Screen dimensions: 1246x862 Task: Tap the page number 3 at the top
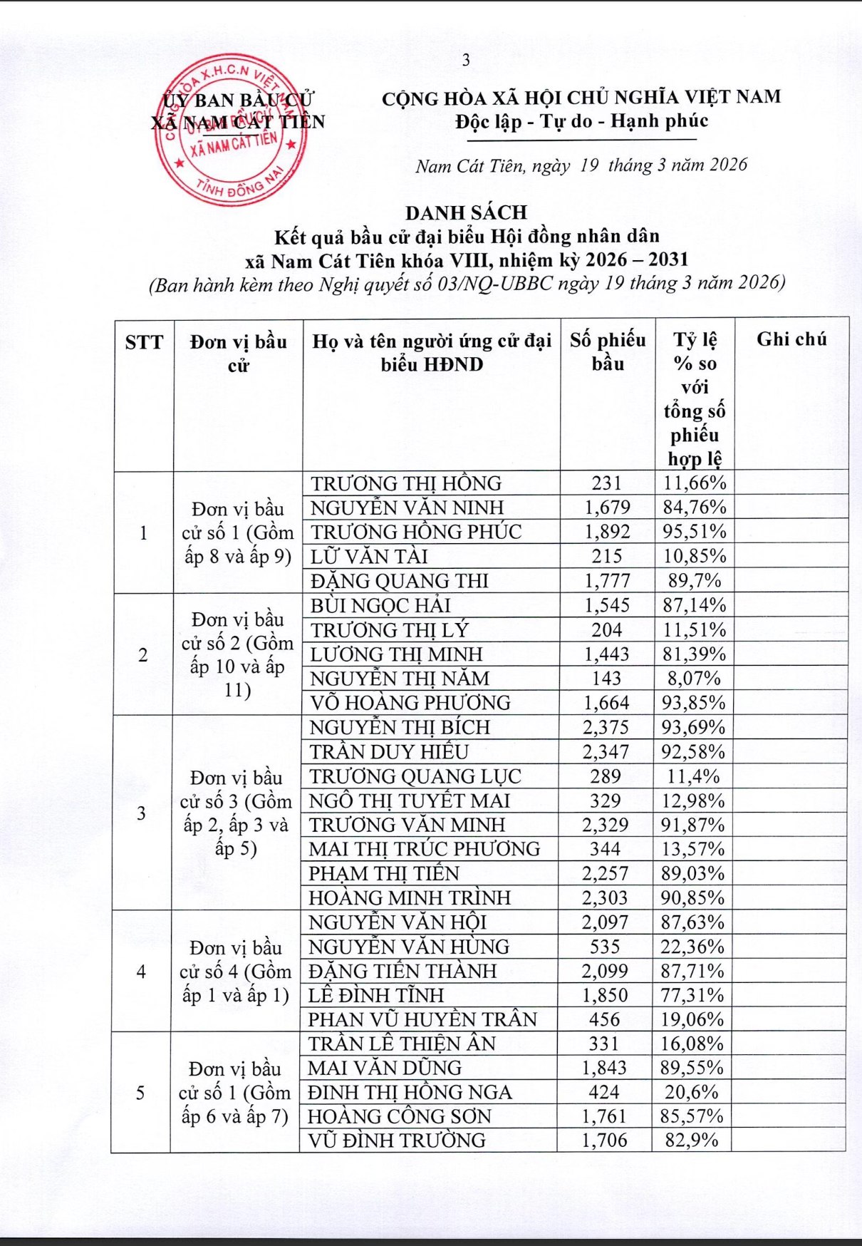tap(466, 61)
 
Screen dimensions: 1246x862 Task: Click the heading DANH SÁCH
tap(466, 212)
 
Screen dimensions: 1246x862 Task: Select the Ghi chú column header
tap(791, 339)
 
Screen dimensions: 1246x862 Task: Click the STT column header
tap(144, 343)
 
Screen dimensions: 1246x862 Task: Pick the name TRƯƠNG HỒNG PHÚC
tap(416, 532)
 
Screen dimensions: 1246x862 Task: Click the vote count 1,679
tap(607, 508)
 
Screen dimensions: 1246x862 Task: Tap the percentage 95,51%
tap(695, 532)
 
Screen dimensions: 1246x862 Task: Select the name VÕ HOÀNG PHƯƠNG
tap(410, 703)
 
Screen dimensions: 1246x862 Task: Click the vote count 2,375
tap(606, 727)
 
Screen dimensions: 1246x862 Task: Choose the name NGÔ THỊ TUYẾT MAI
tap(410, 800)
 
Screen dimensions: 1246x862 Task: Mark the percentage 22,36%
tap(692, 947)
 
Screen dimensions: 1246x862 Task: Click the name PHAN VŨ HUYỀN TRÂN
tap(422, 1019)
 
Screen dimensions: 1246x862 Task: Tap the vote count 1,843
tap(604, 1068)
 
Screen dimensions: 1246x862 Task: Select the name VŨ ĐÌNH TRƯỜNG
tap(397, 1141)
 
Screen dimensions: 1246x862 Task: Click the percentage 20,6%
tap(692, 1092)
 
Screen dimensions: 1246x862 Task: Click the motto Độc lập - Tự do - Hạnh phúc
tap(581, 121)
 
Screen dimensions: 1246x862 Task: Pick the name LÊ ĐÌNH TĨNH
tap(376, 995)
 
